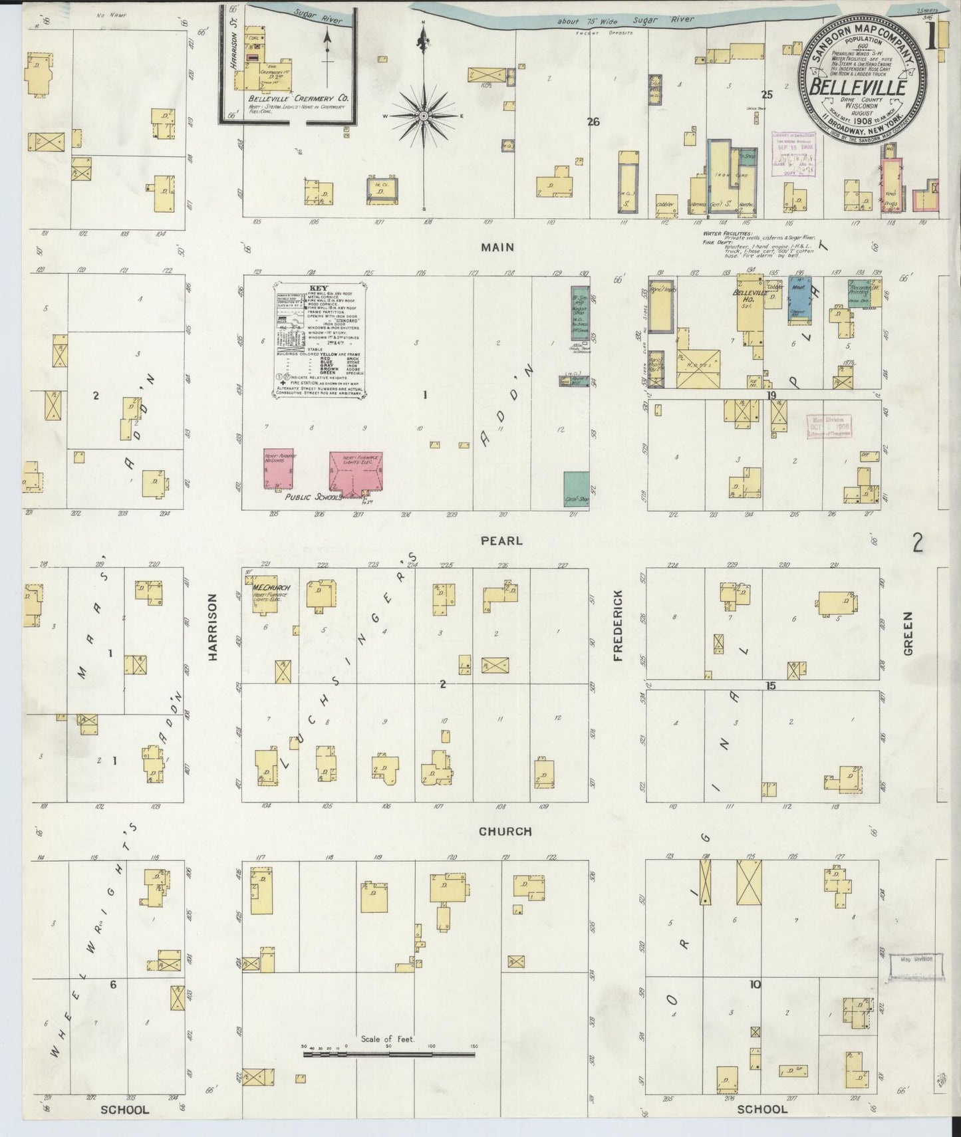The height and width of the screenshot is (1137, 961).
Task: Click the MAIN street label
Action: click(499, 247)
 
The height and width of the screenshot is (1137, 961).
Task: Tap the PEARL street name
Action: click(503, 541)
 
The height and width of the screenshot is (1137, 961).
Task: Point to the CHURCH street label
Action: click(506, 831)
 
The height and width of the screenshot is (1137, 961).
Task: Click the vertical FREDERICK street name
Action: click(618, 625)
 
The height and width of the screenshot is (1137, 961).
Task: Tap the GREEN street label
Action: click(908, 633)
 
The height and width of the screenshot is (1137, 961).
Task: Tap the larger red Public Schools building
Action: click(356, 473)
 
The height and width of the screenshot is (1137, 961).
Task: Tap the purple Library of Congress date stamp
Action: click(793, 154)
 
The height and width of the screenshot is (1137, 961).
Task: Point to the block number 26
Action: click(593, 121)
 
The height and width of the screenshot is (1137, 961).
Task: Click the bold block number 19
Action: click(771, 395)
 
